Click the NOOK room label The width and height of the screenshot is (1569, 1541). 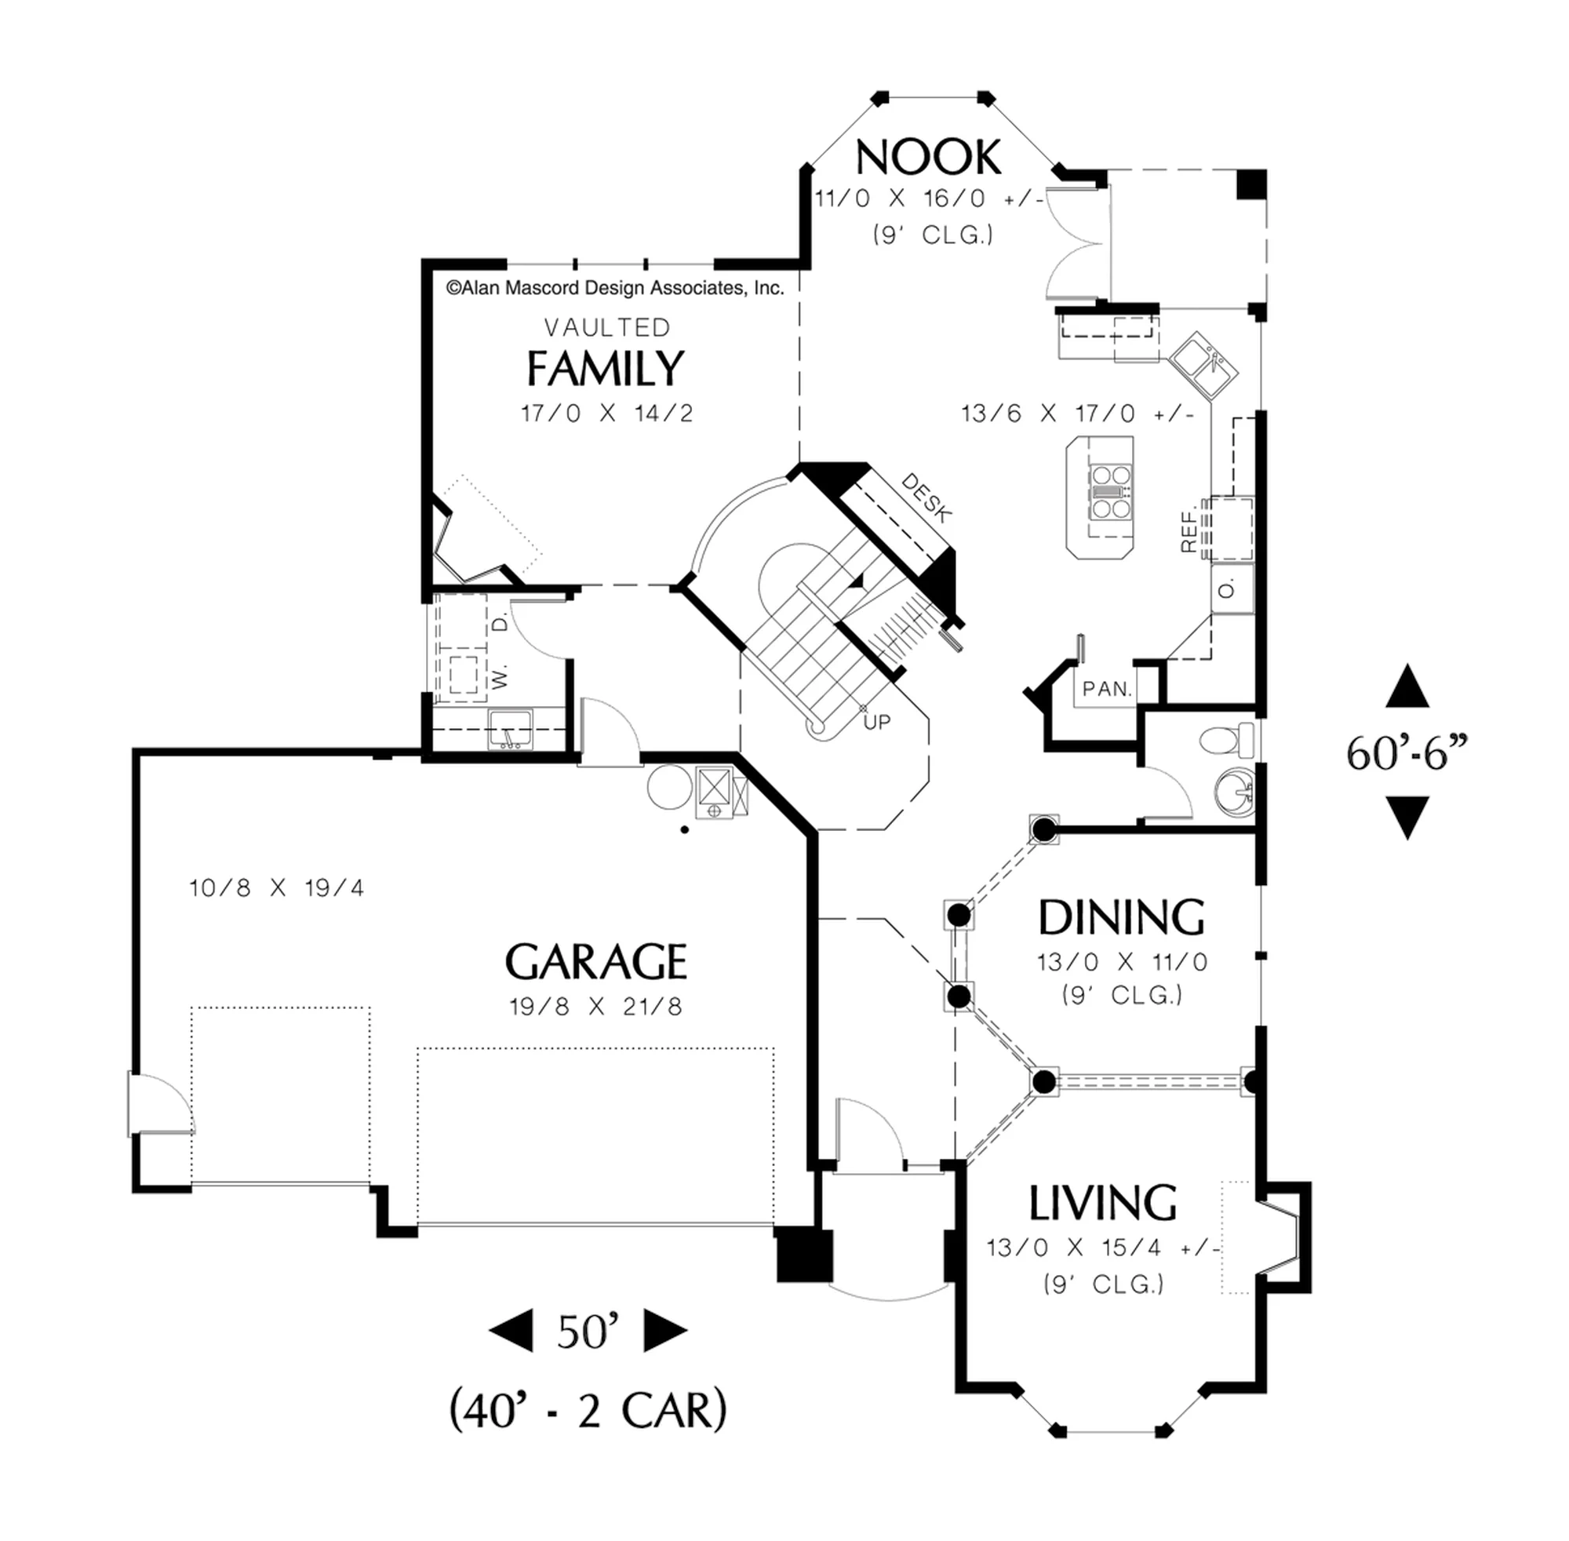click(x=928, y=157)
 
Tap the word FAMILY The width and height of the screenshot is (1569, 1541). click(x=606, y=368)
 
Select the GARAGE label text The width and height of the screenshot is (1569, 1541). click(x=595, y=961)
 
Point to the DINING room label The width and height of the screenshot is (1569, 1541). click(x=1122, y=918)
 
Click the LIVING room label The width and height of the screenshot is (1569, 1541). click(x=1103, y=1204)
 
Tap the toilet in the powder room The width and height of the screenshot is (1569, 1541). click(x=1226, y=739)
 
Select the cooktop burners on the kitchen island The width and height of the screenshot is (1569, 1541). click(x=1110, y=491)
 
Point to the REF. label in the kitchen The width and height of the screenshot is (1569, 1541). click(x=1188, y=531)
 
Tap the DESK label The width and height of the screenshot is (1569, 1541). click(x=926, y=497)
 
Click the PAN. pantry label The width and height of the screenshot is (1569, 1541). click(x=1107, y=689)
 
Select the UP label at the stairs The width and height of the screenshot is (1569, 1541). click(x=877, y=722)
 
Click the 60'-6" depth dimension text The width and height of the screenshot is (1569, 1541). click(x=1407, y=753)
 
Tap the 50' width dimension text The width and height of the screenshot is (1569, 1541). click(x=588, y=1331)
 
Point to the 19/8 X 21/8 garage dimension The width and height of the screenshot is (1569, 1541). click(x=595, y=1007)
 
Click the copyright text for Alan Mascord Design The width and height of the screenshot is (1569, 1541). click(x=615, y=288)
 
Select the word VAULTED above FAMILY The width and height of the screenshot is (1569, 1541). click(x=607, y=328)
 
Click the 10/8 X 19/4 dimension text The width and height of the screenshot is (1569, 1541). click(x=277, y=888)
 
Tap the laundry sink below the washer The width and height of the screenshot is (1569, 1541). click(x=510, y=728)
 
